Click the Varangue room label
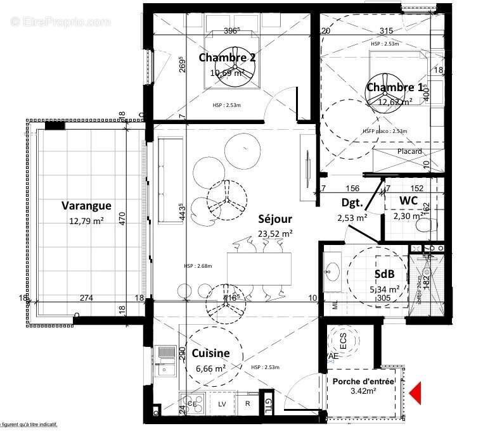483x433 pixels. pyautogui.click(x=86, y=205)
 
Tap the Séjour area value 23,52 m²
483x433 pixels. pyautogui.click(x=275, y=233)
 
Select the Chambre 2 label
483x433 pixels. pyautogui.click(x=227, y=58)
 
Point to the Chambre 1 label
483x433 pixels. pyautogui.click(x=394, y=87)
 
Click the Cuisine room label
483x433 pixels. pyautogui.click(x=210, y=353)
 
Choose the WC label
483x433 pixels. pyautogui.click(x=408, y=201)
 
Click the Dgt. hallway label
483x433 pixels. pyautogui.click(x=352, y=203)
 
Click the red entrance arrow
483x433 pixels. pyautogui.click(x=415, y=392)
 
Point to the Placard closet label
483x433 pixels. pyautogui.click(x=409, y=152)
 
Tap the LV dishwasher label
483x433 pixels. pyautogui.click(x=222, y=403)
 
